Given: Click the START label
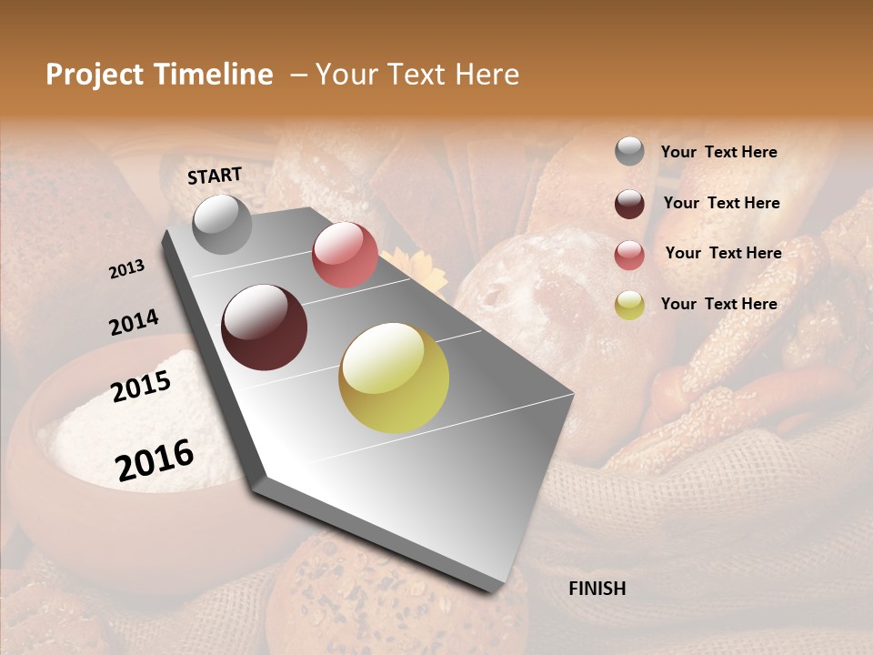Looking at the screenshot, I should (215, 176).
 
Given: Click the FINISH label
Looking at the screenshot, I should (597, 589).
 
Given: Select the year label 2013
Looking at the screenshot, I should (127, 269).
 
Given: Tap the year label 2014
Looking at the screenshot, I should (134, 322).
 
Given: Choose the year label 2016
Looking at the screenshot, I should (155, 459).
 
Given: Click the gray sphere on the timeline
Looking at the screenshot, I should (222, 224).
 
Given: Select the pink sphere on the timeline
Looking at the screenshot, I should (345, 255).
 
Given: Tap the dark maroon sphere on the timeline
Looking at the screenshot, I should (264, 327).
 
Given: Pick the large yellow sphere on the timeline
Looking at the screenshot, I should (394, 378).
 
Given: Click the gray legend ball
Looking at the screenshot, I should (629, 152).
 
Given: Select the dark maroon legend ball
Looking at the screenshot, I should (629, 203).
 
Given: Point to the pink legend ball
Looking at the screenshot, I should (629, 254).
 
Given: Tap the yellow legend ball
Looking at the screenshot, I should (629, 305).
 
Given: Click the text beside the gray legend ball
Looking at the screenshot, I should (718, 152).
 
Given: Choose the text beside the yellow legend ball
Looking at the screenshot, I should (718, 304).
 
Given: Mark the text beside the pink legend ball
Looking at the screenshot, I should (723, 253).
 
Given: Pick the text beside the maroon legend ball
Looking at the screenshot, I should (721, 203).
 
